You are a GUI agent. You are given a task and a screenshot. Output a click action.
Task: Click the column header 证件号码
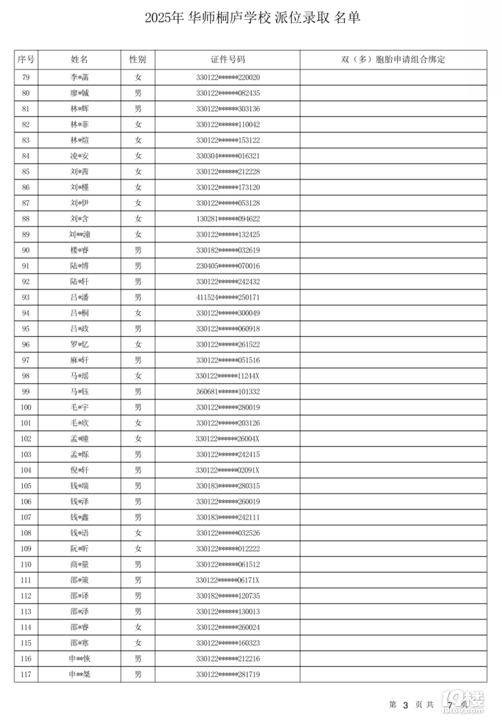(x=227, y=60)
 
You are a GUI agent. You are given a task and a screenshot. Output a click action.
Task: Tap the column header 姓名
(x=79, y=60)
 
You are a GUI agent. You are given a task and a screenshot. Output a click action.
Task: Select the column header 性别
(x=138, y=60)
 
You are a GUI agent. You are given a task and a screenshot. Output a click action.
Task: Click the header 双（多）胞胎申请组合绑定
(x=393, y=60)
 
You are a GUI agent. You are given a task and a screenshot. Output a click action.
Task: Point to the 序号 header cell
(x=26, y=60)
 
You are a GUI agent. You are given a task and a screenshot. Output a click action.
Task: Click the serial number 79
(x=26, y=78)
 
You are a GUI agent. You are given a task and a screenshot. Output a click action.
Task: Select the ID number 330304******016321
(x=227, y=156)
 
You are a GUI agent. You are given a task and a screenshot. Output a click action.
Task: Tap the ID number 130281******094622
(x=227, y=219)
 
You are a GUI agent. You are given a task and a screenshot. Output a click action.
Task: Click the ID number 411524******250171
(x=227, y=298)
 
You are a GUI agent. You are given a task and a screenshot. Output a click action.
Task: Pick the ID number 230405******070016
(x=227, y=266)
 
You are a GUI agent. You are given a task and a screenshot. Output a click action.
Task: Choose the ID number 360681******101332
(x=227, y=392)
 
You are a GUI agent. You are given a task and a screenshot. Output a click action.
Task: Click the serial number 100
(x=26, y=408)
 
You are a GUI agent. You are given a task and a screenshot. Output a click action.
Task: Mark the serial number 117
(x=26, y=675)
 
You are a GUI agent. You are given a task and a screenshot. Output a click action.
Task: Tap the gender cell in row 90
(x=138, y=250)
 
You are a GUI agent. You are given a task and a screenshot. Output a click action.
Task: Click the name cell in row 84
(x=79, y=156)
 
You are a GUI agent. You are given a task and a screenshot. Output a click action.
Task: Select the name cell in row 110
(x=79, y=565)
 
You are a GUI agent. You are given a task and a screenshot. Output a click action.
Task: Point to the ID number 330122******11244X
(x=227, y=376)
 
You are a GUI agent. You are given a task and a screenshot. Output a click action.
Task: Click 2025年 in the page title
(x=164, y=19)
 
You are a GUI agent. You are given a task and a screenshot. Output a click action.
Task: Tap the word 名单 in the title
(x=348, y=19)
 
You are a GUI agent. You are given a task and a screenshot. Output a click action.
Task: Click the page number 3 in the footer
(x=405, y=706)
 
